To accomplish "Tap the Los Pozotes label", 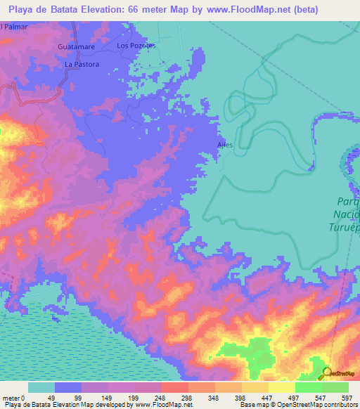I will [x=135, y=46].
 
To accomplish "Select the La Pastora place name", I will [x=82, y=64].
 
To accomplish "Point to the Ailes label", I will [x=224, y=146].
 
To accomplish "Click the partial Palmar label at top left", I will [x=11, y=27].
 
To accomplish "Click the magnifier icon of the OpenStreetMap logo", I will [x=328, y=373].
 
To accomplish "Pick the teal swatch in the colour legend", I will [x=41, y=387].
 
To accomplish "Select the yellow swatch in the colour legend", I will [x=282, y=387].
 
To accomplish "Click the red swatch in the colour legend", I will [x=176, y=387].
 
